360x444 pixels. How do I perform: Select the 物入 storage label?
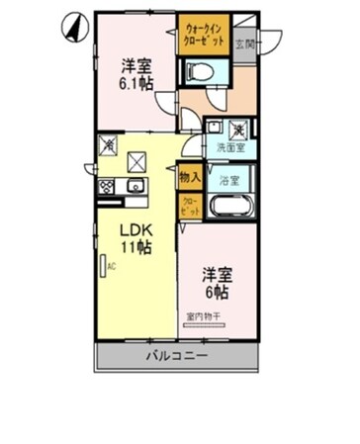pyautogui.click(x=190, y=178)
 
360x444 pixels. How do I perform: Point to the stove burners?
pyautogui.click(x=106, y=187)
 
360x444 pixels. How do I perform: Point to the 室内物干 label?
pyautogui.click(x=205, y=317)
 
